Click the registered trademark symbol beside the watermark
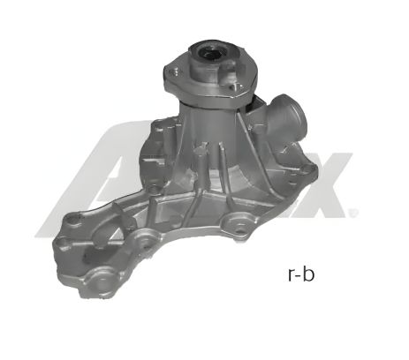(x=355, y=212)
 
